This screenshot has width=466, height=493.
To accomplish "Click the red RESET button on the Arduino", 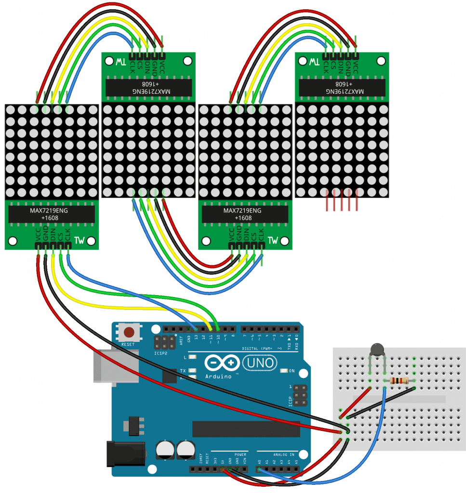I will tap(129, 332).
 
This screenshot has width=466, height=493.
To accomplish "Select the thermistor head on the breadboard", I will tap(377, 349).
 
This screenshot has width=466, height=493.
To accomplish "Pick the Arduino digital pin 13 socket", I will tap(196, 329).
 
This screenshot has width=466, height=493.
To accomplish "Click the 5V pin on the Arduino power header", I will tap(223, 468).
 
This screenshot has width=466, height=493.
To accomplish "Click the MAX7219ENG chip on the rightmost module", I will tap(342, 87).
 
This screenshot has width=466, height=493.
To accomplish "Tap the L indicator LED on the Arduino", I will tap(193, 357).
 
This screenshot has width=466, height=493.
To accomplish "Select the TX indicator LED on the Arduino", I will tap(193, 370).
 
